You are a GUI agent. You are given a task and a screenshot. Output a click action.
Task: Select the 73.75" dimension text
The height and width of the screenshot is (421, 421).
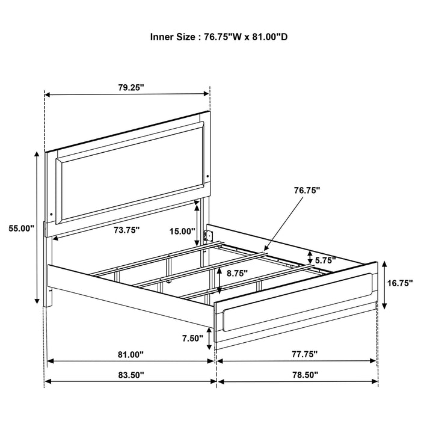[x=126, y=229]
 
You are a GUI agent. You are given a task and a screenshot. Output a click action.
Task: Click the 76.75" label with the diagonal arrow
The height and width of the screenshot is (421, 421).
[x=306, y=190]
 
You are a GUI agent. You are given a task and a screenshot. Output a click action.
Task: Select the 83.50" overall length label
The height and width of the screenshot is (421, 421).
[x=131, y=374]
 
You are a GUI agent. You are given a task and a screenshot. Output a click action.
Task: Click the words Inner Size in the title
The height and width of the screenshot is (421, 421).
[x=172, y=36]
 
